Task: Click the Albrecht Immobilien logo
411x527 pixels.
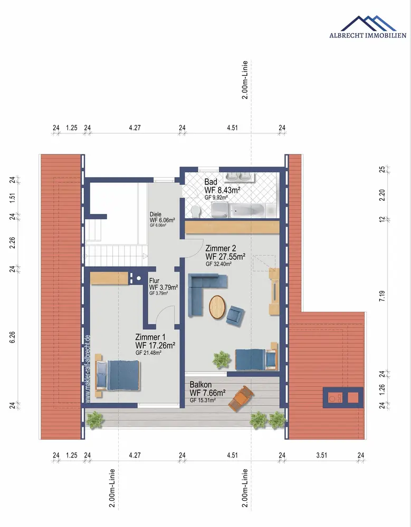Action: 368,26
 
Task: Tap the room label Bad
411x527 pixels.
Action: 211,182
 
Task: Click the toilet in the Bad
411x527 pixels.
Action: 195,211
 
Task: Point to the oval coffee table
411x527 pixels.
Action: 217,307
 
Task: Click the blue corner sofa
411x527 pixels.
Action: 204,292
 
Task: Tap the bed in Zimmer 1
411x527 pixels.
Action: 118,375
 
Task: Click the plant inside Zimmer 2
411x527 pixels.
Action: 222,359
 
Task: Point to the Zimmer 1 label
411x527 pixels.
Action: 150,337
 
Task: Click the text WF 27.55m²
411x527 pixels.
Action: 225,257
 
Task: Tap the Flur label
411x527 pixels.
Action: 154,281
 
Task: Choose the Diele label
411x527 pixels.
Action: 156,214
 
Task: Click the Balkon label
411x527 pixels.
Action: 200,385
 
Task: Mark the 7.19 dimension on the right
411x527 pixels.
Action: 381,296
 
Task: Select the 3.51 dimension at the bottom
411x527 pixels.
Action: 321,455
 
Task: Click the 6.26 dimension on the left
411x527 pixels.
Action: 13,337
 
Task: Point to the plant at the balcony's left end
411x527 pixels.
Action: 94,420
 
